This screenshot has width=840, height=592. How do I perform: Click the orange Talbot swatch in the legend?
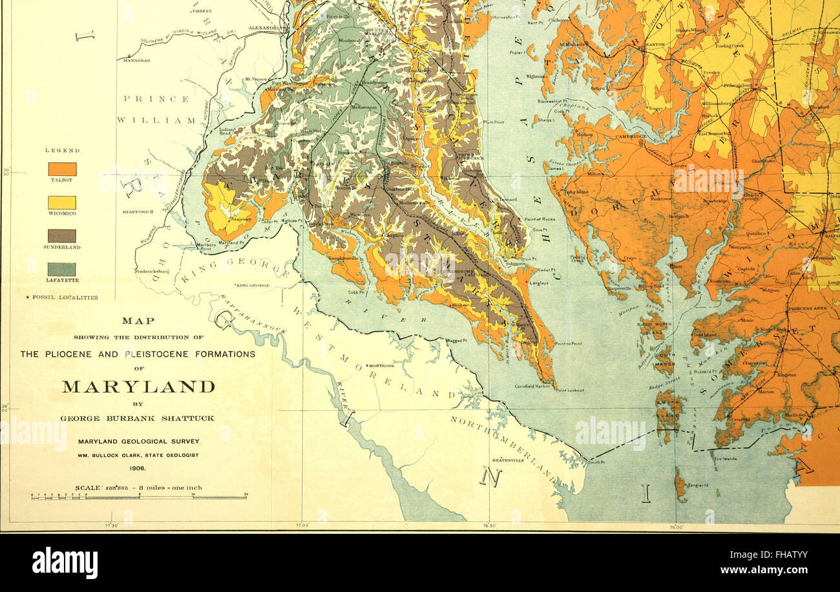coord(62,169)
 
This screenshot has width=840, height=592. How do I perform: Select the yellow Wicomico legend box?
coord(62,202)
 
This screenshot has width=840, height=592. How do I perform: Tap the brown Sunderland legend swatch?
coord(62,236)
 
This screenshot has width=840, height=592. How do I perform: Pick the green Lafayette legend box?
coord(62,269)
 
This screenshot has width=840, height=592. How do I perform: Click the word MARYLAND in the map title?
coord(138,387)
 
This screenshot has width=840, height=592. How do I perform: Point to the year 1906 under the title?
coord(138,468)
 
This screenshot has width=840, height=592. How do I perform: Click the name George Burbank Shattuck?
coord(138,418)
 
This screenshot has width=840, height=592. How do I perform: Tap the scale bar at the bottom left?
coord(139,497)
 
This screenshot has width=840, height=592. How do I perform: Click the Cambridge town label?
coord(631,137)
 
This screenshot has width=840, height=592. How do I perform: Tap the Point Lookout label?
coord(571,390)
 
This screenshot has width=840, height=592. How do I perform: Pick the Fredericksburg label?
coord(152,272)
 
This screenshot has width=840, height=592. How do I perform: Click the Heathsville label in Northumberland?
coord(507,460)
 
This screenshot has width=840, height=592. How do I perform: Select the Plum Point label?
coord(494,122)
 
